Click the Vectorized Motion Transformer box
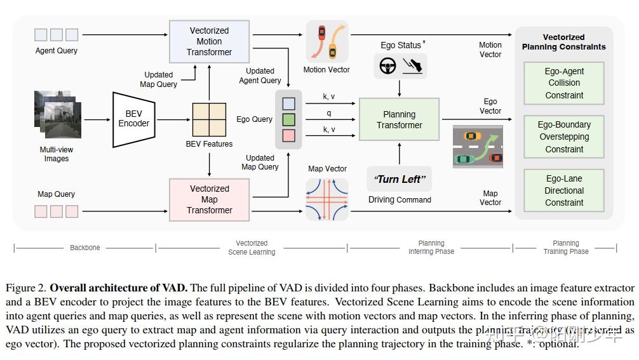[209, 41]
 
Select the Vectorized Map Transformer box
[209, 199]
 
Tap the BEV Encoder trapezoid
[133, 119]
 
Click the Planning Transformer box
[399, 119]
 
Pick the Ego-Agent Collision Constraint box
[564, 83]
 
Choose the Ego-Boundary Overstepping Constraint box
[564, 137]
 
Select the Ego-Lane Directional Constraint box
[564, 190]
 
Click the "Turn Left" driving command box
[399, 179]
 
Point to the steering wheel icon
[387, 65]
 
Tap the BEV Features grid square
[209, 119]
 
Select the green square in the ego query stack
[288, 119]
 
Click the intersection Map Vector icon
[327, 198]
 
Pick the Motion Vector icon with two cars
[327, 41]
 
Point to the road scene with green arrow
[478, 147]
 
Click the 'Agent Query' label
[56, 51]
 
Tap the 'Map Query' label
[56, 194]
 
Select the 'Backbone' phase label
[84, 248]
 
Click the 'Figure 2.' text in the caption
[25, 288]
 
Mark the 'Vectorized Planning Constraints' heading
[563, 42]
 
